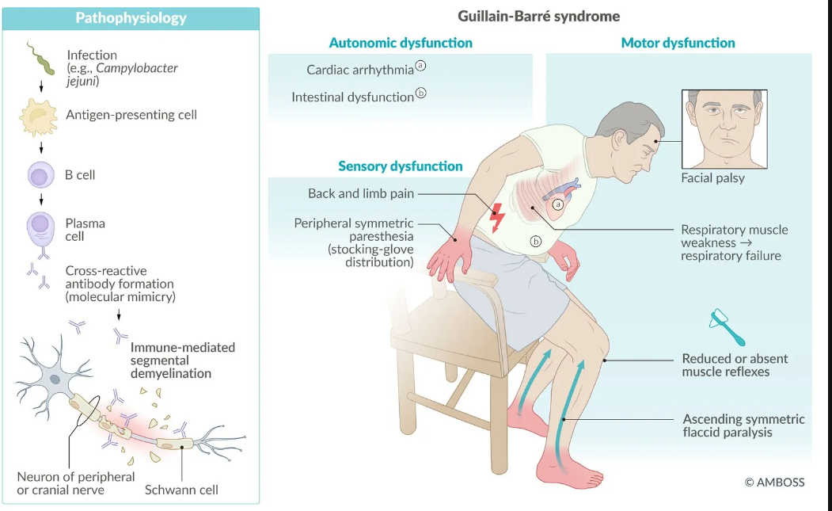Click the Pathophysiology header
(131, 17)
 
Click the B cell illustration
(40, 174)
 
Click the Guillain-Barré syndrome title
(538, 16)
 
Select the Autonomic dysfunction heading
(401, 43)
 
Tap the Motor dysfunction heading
(678, 43)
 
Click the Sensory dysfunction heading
(400, 166)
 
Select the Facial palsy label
(712, 178)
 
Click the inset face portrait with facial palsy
(724, 128)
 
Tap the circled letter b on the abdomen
(536, 241)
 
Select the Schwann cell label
(181, 490)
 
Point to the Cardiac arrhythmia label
(360, 70)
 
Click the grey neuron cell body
(55, 379)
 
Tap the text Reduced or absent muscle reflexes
(735, 365)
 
